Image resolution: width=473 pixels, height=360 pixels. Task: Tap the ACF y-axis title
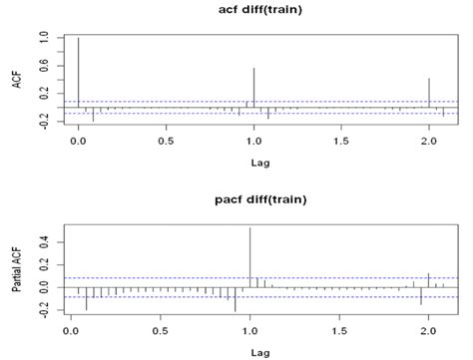coord(17,78)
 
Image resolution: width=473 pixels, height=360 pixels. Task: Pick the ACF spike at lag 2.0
coord(430,92)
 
